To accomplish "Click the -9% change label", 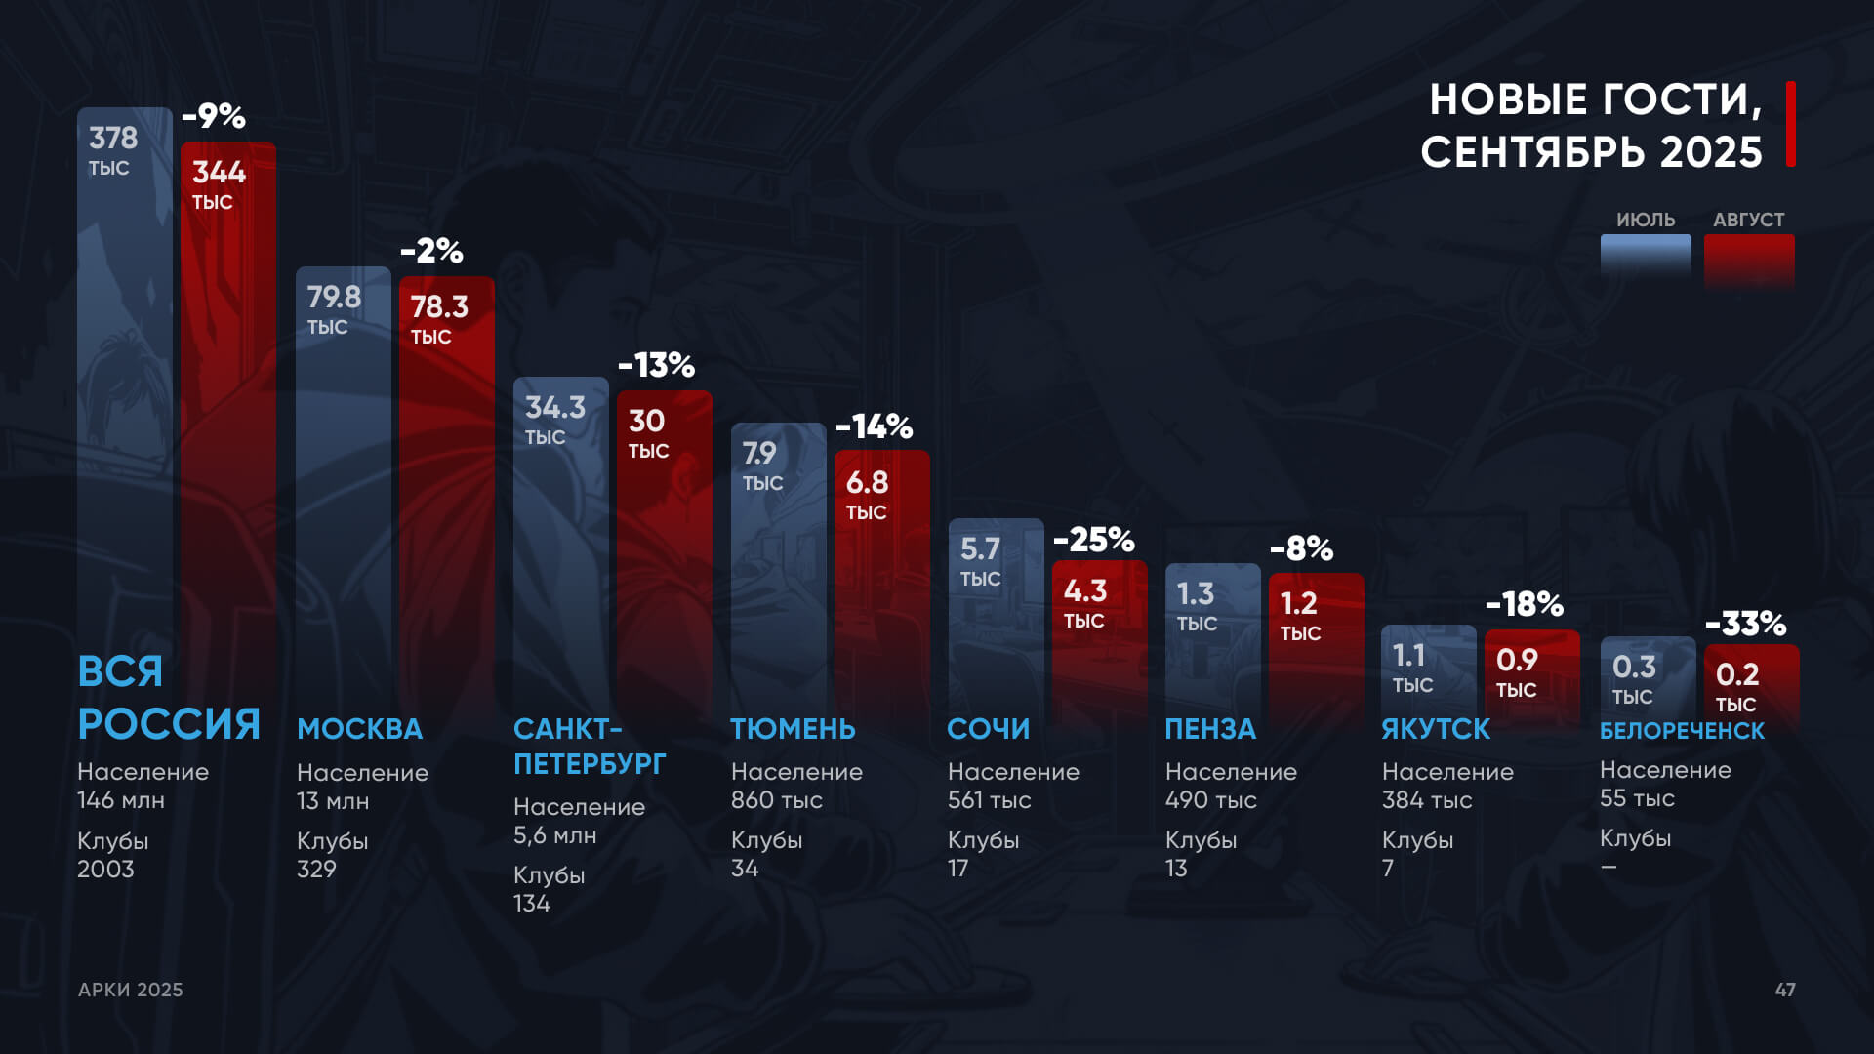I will point(214,116).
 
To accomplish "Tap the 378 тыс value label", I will point(113,150).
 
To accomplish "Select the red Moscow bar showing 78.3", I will point(446,488).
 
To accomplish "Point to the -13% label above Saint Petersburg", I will point(656,365).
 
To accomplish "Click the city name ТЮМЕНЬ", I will point(793,729).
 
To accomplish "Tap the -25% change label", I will point(1093,539).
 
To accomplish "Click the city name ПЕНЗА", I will point(1210,729).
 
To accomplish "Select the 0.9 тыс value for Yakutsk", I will point(1517,672).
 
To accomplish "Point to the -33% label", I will point(1745,623).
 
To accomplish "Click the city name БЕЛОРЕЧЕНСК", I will point(1682,730).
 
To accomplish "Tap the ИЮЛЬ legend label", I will point(1645,220).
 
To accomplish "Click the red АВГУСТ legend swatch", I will point(1749,260).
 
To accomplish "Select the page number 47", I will point(1784,990).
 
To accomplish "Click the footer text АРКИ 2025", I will point(131,990).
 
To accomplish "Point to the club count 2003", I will point(105,869).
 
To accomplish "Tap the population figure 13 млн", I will point(333,801).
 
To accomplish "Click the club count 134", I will point(532,904).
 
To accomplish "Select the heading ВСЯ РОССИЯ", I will point(168,698).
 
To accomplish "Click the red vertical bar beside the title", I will point(1790,124).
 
